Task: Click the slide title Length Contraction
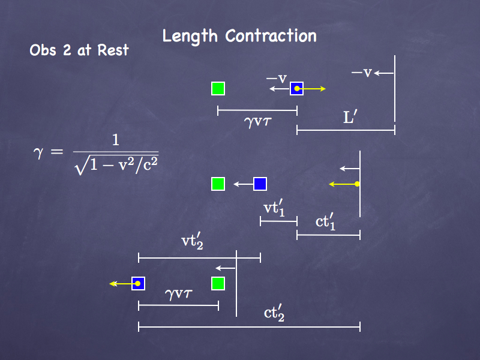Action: [x=239, y=36]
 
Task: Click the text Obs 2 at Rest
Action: [x=79, y=50]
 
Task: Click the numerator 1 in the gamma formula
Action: [x=116, y=141]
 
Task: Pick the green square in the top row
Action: [x=218, y=89]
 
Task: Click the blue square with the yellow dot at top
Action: [x=296, y=89]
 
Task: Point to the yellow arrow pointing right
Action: [x=313, y=89]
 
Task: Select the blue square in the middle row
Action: [x=260, y=184]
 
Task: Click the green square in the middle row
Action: [x=218, y=184]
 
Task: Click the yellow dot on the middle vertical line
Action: [x=357, y=184]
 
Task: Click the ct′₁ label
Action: [x=326, y=221]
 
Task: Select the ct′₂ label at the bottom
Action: [x=274, y=313]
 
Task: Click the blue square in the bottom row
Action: [x=139, y=283]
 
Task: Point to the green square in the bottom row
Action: [x=218, y=283]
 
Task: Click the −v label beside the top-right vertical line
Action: [x=362, y=73]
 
